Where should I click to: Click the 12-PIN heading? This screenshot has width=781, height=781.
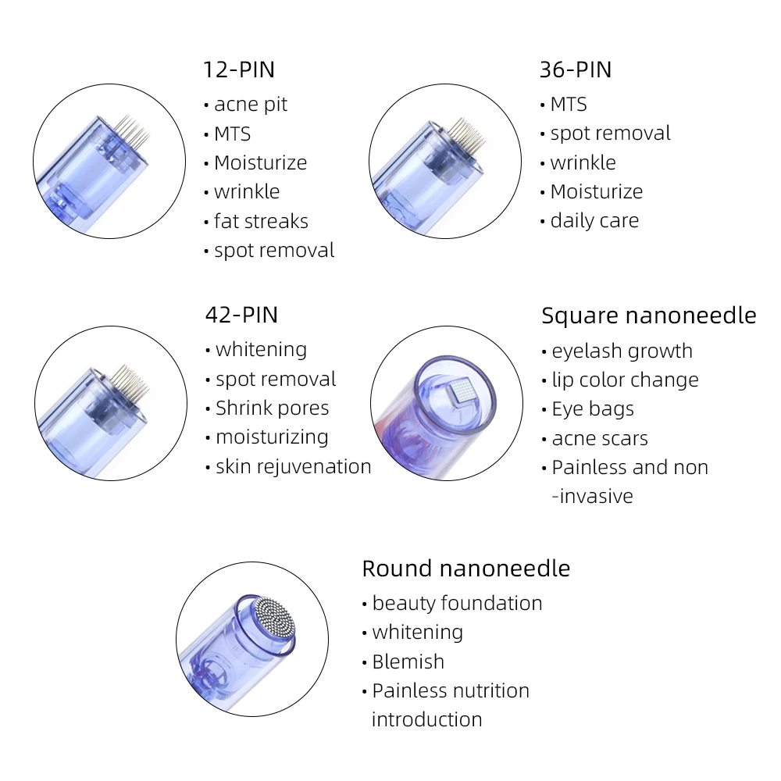click(x=239, y=70)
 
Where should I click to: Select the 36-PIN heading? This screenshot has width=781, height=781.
click(x=576, y=70)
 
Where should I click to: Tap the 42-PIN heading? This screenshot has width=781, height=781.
click(x=241, y=315)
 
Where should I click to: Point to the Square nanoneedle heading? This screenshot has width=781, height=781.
click(x=648, y=316)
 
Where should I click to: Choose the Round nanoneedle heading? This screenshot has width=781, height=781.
click(x=465, y=568)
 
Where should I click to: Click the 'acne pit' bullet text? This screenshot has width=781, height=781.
click(x=250, y=105)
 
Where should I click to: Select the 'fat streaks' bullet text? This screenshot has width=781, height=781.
click(x=261, y=221)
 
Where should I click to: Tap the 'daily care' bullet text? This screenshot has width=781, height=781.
click(x=594, y=221)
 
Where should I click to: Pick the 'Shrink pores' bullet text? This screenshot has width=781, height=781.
click(x=272, y=408)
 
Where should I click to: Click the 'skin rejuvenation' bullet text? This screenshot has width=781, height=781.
click(x=293, y=466)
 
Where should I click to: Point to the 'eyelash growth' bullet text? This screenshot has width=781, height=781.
click(x=622, y=351)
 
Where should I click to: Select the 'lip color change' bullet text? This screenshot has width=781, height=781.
click(x=625, y=380)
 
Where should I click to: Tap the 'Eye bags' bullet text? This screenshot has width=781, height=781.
click(x=593, y=408)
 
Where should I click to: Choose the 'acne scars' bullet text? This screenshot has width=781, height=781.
click(x=600, y=438)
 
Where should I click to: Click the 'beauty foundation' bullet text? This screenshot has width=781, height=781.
click(x=457, y=603)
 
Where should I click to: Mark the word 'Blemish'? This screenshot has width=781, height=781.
click(x=408, y=662)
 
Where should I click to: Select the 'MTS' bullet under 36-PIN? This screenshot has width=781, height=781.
click(x=568, y=105)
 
